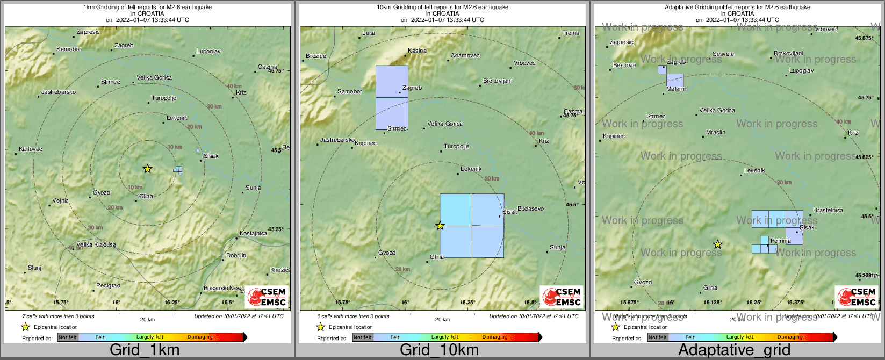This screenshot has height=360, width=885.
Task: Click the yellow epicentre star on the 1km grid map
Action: tap(148, 169)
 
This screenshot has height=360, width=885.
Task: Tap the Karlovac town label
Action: tap(31, 149)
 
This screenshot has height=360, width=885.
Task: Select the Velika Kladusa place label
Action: tap(96, 244)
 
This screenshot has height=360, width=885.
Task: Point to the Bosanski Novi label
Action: tap(222, 289)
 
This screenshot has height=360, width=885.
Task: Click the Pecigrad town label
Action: tap(108, 285)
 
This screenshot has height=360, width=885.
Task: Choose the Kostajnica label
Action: tap(253, 233)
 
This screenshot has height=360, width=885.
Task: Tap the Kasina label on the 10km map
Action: tap(417, 51)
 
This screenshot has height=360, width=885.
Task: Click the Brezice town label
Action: tap(316, 56)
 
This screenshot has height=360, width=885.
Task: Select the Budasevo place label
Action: tap(530, 208)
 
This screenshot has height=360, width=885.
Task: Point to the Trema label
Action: tap(571, 33)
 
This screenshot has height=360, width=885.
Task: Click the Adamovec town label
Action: tap(465, 55)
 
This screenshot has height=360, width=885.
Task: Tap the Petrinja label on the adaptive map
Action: tap(781, 241)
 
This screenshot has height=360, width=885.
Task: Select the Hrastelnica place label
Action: tap(828, 210)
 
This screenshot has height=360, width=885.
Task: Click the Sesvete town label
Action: tap(723, 54)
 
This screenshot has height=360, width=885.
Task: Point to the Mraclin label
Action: tap(716, 132)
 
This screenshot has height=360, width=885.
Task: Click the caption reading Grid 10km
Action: tap(439, 350)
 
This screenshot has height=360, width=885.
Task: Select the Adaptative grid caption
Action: tap(734, 350)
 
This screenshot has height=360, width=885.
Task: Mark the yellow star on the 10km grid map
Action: tap(440, 226)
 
